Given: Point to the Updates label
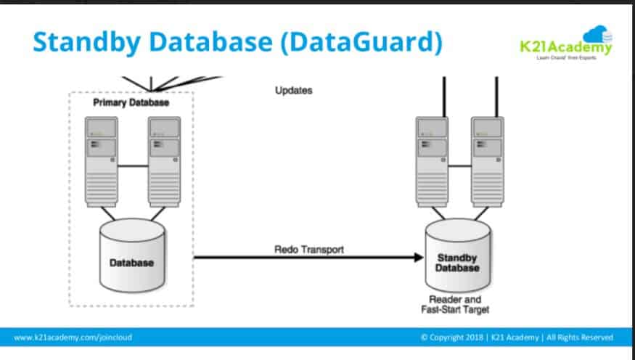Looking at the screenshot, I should point(294,91).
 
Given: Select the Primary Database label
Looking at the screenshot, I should point(131,103).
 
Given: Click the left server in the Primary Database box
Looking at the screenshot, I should point(101,160).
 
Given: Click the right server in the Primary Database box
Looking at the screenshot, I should point(164,160).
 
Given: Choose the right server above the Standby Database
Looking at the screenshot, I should point(486,160).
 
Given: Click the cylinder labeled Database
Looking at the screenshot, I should point(132,258).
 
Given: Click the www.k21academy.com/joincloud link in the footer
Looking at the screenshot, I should point(73,337).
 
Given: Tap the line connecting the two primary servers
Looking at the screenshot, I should point(133,166).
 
